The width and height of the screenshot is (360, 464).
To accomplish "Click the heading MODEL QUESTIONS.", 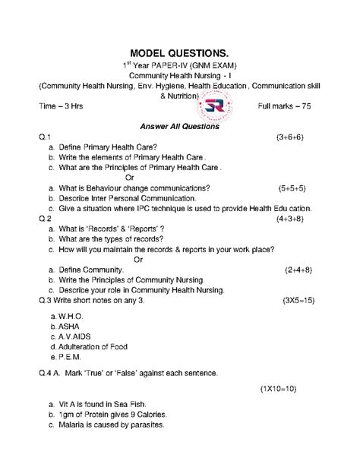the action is (x=180, y=52).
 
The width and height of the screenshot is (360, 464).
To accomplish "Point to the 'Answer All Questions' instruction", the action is (x=180, y=127).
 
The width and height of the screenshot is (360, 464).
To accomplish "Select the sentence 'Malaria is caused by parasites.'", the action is (x=110, y=425).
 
